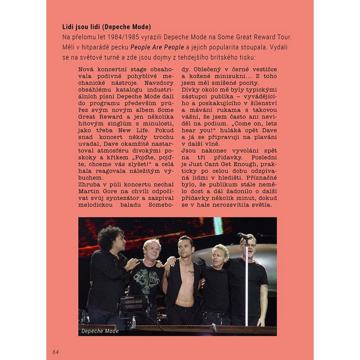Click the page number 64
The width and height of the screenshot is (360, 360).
[x=55, y=351]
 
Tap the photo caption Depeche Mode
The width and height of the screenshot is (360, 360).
[x=100, y=331]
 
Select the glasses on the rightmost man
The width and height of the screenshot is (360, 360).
[x=249, y=244]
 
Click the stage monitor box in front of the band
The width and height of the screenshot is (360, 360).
[x=134, y=304]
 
